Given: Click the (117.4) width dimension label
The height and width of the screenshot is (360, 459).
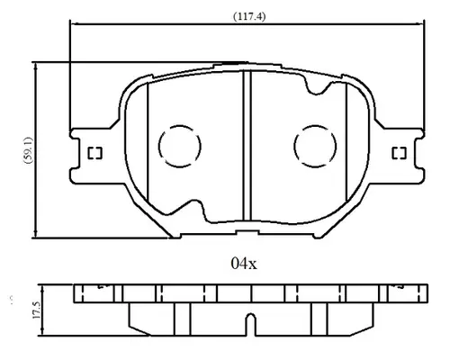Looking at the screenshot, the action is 249,16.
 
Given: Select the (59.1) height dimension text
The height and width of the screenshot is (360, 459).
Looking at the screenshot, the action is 28,150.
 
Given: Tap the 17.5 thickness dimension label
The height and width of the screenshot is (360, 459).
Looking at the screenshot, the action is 37,310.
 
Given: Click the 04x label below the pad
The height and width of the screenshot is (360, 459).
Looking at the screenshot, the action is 244,264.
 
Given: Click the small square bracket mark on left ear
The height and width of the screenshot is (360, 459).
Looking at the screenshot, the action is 94,153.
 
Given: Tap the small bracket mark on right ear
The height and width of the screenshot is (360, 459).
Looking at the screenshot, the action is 400,153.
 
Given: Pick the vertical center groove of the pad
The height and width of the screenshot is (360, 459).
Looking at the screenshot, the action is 247,147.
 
